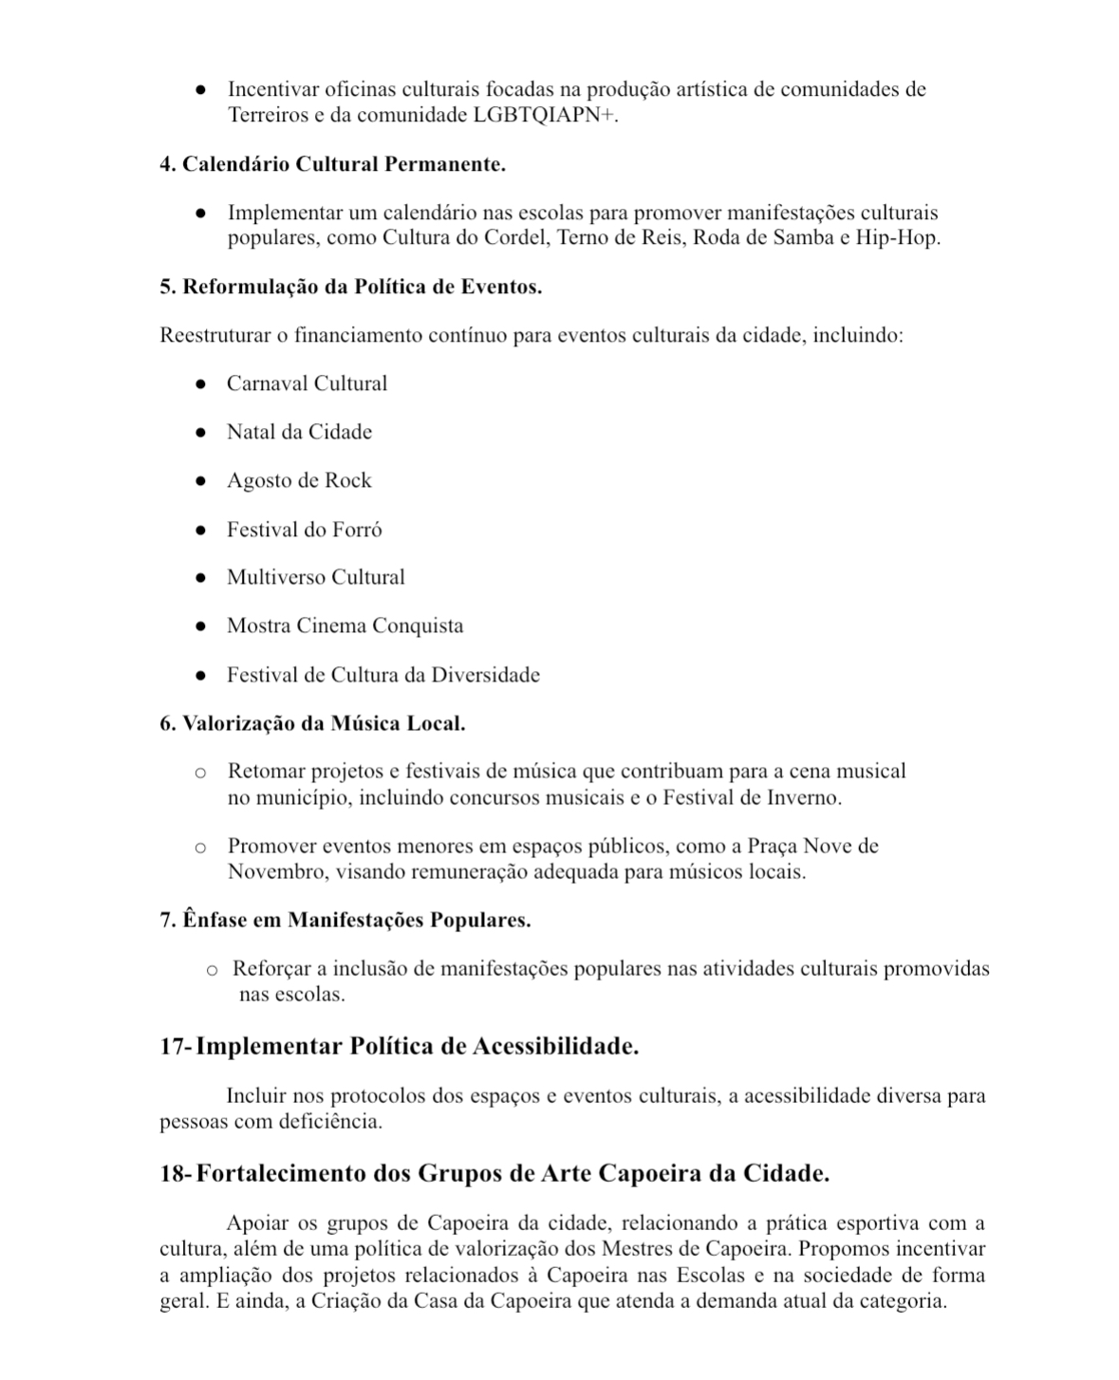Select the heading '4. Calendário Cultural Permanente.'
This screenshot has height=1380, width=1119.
point(332,164)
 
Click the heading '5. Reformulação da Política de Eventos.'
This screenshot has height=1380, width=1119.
point(351,287)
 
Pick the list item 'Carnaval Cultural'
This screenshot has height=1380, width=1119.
point(307,383)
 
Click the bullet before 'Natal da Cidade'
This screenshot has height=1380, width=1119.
point(200,433)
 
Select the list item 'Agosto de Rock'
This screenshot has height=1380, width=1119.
point(299,480)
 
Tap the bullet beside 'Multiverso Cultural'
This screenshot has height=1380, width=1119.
point(200,578)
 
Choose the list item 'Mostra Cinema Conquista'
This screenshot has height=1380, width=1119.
point(345,625)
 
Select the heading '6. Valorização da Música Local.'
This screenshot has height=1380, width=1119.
point(312,723)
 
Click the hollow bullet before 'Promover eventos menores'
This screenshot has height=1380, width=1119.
point(200,848)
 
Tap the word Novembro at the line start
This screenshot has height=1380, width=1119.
point(275,871)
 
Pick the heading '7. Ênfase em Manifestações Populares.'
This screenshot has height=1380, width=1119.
point(345,920)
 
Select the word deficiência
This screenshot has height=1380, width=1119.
point(330,1121)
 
